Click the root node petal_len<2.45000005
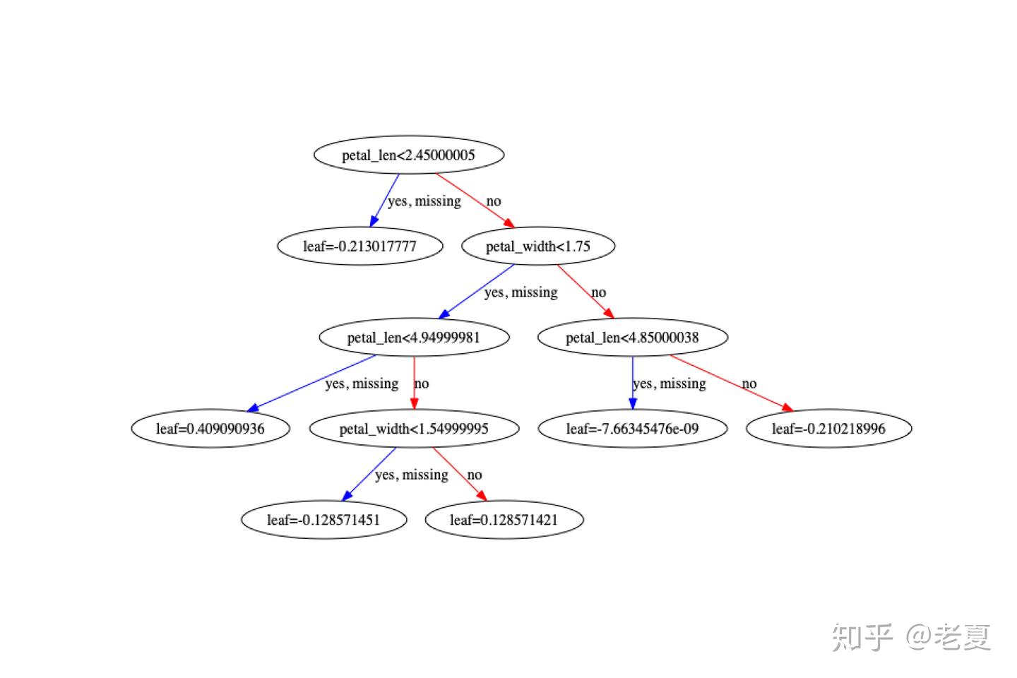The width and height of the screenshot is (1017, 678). coord(408,155)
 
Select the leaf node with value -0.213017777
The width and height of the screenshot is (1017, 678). coord(359,246)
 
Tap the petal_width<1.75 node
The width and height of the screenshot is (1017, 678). coord(538,246)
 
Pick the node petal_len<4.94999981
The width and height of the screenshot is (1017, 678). coord(414,338)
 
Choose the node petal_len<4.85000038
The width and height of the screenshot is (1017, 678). coord(632,338)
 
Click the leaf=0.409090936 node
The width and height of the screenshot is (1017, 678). coord(210,429)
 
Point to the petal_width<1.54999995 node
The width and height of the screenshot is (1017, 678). coord(414,429)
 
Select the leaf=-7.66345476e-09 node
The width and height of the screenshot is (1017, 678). coord(632,429)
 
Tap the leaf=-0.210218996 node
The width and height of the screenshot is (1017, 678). coord(828,429)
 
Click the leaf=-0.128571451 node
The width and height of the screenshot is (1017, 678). coord(323,520)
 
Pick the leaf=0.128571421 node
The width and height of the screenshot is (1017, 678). coord(504,520)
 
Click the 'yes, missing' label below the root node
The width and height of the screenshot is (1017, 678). coord(424,201)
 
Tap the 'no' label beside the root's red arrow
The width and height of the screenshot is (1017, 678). coord(494,201)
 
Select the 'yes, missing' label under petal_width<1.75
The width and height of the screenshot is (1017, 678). coord(521,292)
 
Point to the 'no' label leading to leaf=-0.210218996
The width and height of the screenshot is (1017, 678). coord(749,383)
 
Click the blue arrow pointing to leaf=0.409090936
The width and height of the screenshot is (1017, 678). coord(311,383)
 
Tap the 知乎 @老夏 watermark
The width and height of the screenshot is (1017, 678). coord(911,637)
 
